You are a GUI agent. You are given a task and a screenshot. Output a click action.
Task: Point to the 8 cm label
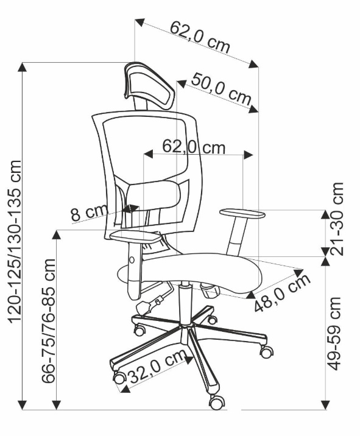[x=90, y=214]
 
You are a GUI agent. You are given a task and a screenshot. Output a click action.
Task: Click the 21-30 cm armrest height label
[x=336, y=219]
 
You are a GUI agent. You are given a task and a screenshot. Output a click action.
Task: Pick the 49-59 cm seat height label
[x=334, y=334]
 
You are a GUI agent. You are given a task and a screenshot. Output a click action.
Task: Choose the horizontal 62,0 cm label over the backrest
[x=194, y=146]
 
